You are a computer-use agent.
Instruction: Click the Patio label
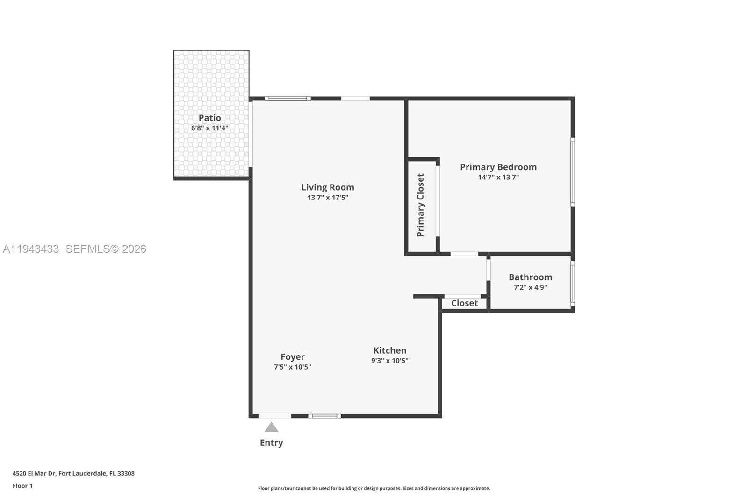click(209, 118)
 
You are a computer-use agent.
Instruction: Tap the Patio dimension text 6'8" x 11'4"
click(209, 128)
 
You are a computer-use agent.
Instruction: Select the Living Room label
click(327, 187)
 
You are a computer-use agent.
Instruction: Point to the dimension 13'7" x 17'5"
click(327, 198)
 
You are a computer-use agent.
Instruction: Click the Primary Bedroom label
click(498, 167)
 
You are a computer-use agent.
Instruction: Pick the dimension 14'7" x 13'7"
click(498, 178)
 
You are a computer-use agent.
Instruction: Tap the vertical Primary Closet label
click(420, 205)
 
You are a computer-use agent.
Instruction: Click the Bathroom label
click(530, 277)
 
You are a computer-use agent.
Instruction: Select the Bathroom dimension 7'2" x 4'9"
click(530, 288)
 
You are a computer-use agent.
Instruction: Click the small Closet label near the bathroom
click(464, 303)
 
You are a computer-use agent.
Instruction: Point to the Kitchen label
click(389, 350)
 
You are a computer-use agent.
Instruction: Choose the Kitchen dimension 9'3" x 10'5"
click(389, 361)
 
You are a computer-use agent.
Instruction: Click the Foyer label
click(292, 357)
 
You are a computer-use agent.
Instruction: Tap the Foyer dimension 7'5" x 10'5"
click(292, 367)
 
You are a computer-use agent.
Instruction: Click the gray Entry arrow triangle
click(271, 427)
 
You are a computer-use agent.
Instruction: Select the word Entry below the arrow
click(271, 442)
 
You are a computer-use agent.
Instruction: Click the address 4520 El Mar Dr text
click(73, 473)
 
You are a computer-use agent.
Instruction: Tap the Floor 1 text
click(22, 486)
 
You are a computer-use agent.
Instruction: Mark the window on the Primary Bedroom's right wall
click(573, 172)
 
